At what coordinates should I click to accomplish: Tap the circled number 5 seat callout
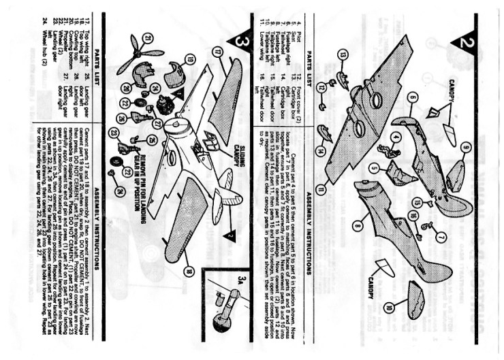375,167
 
